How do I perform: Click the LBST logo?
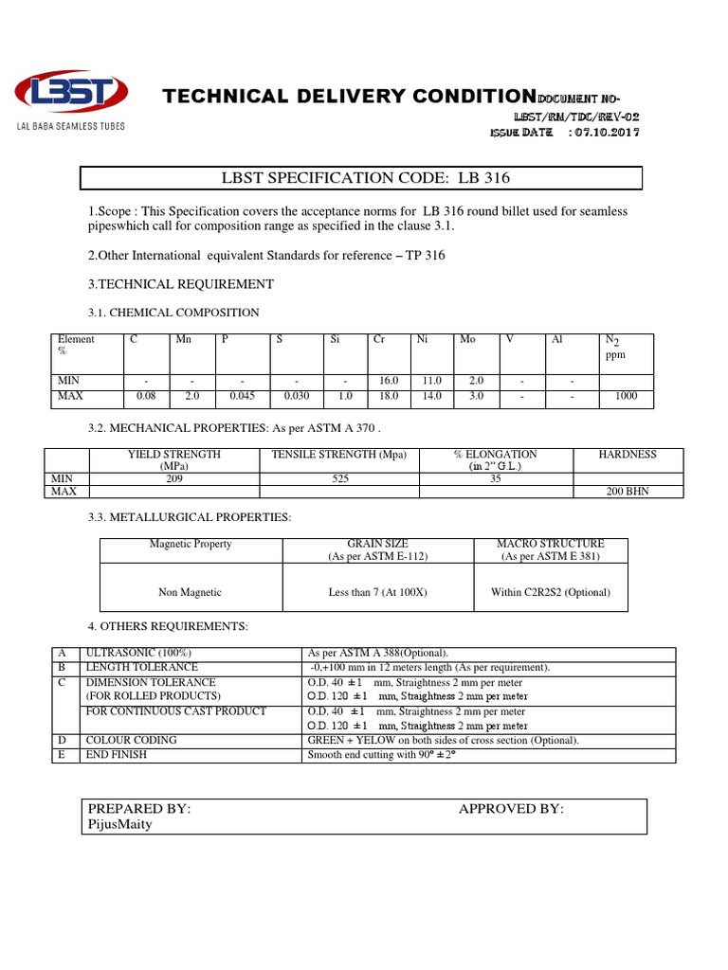click(x=70, y=94)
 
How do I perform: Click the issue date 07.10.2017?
click(x=605, y=133)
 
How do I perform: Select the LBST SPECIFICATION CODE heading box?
click(x=360, y=179)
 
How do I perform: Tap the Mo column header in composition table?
click(x=467, y=339)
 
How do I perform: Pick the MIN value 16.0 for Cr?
click(x=389, y=381)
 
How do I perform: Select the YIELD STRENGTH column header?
click(x=173, y=460)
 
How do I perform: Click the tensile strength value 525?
click(x=338, y=479)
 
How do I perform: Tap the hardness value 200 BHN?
click(x=628, y=492)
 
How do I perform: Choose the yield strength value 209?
click(x=173, y=479)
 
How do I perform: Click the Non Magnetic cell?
click(x=190, y=592)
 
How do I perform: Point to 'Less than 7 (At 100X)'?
click(x=377, y=592)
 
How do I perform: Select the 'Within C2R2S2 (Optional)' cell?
click(x=551, y=592)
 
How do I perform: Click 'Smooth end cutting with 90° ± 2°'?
click(x=389, y=755)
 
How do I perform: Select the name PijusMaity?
click(x=119, y=824)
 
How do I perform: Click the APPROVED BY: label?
click(x=511, y=809)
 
